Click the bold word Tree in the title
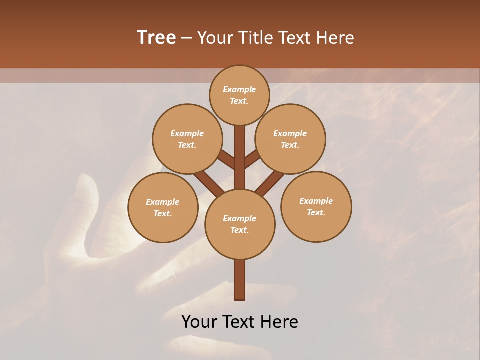[x=156, y=37]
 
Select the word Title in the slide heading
[x=255, y=37]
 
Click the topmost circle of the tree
[x=239, y=95]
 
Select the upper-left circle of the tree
[x=187, y=139]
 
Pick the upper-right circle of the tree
[x=290, y=139]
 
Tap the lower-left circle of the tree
[x=163, y=207]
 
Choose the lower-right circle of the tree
[x=316, y=206]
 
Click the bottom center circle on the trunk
[x=240, y=224]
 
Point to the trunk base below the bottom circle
[x=240, y=280]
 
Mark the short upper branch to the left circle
[x=226, y=160]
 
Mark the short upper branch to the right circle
[x=252, y=159]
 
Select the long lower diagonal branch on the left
[x=209, y=182]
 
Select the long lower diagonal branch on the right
[x=270, y=183]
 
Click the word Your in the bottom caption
[x=200, y=322]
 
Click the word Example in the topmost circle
[x=239, y=89]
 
